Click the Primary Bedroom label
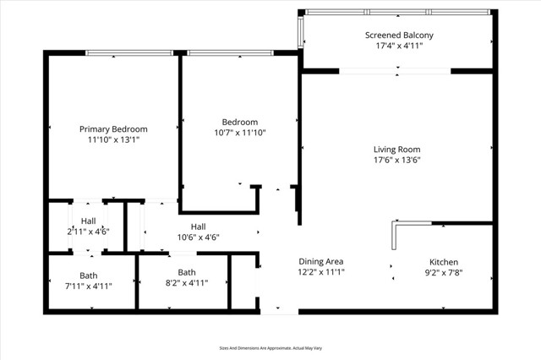click(x=113, y=129)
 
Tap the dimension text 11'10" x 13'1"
click(x=113, y=140)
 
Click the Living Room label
click(x=396, y=150)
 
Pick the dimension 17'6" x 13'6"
click(x=396, y=161)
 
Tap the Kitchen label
click(x=444, y=262)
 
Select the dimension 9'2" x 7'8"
click(x=444, y=273)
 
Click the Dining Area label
click(x=320, y=261)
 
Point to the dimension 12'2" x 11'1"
click(x=320, y=272)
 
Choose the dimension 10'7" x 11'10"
click(x=239, y=133)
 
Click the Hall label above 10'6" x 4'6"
click(x=198, y=226)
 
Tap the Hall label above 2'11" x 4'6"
click(x=89, y=221)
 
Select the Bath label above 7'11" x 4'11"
click(x=89, y=275)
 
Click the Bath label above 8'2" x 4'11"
click(x=186, y=272)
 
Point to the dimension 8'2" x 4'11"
click(x=186, y=283)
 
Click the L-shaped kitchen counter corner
click(x=395, y=224)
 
